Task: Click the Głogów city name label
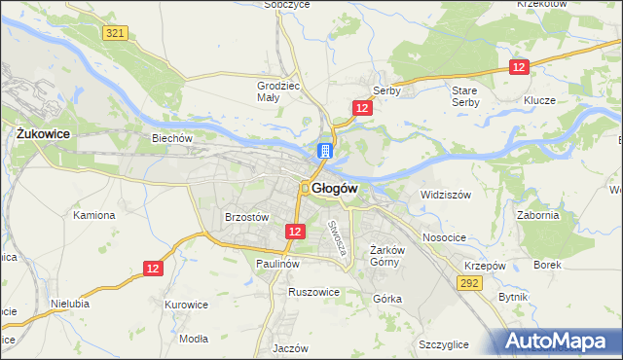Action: (337, 188)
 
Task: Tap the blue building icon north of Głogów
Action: (324, 152)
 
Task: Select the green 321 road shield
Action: (115, 33)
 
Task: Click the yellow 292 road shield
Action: (470, 282)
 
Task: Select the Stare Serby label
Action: (464, 95)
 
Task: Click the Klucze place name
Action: (538, 100)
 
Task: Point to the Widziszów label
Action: (445, 195)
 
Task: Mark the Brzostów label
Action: (246, 218)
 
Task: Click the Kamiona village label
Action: (94, 215)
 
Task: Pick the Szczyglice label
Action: (444, 344)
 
